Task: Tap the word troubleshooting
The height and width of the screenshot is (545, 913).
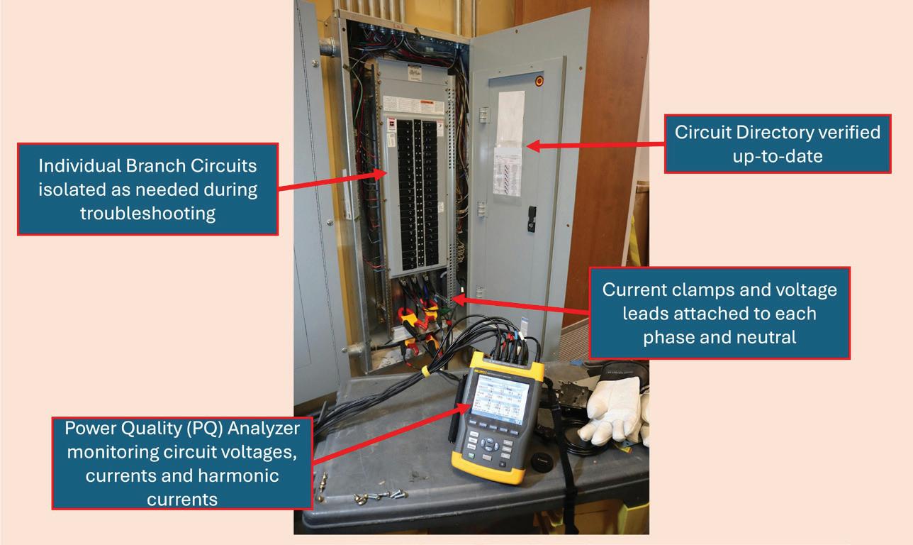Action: click(147, 213)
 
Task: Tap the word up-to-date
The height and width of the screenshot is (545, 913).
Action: click(777, 155)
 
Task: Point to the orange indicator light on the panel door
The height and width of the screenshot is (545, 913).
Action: click(539, 81)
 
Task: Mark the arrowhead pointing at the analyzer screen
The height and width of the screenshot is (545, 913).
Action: click(467, 406)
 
